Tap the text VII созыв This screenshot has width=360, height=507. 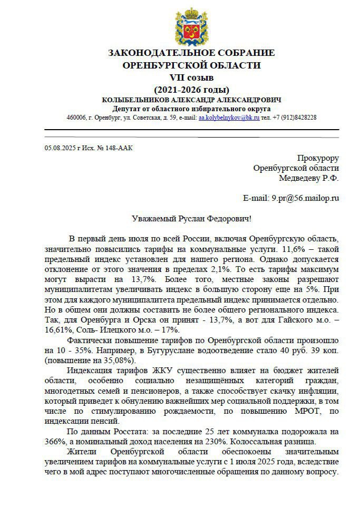191,77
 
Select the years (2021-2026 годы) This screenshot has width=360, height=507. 191,89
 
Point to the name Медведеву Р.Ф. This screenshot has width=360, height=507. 309,178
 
